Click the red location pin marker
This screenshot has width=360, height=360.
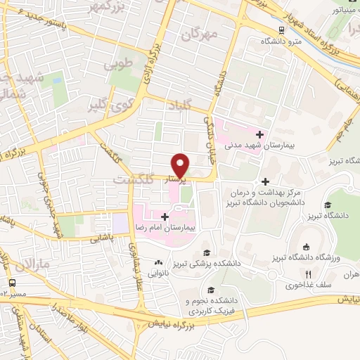coord(181,164)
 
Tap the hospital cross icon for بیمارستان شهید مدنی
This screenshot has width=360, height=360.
coord(260,134)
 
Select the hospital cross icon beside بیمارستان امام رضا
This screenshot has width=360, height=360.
coord(165,217)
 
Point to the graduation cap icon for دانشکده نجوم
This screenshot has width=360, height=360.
coord(210,289)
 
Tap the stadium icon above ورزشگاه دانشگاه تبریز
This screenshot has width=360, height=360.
coord(307,246)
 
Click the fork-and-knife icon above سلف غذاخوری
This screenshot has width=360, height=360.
coord(307,274)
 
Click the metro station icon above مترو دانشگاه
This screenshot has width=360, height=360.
coord(281,30)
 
